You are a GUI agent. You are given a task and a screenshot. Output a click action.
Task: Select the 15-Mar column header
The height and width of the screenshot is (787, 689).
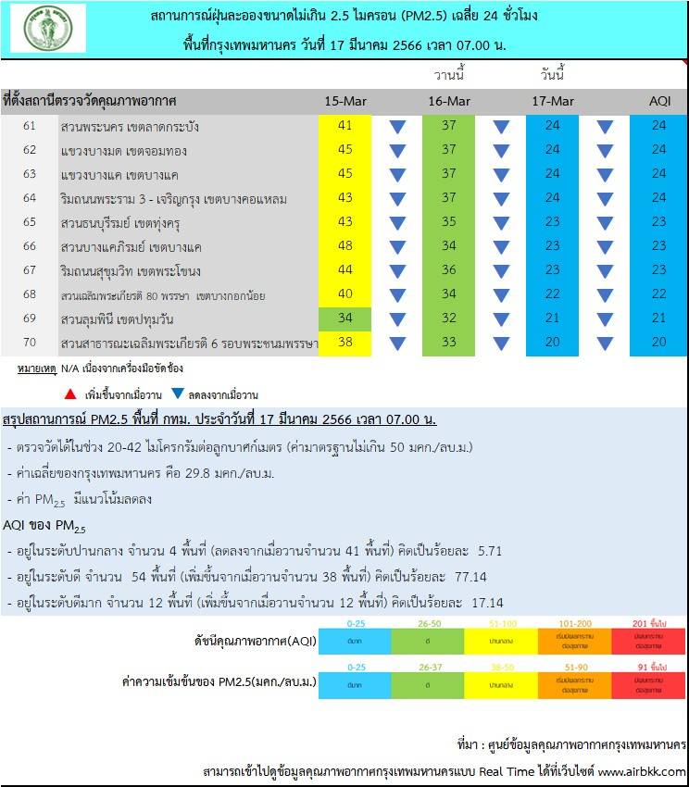point(345,100)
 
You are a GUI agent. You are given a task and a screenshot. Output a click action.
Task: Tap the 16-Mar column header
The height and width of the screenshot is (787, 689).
point(449,100)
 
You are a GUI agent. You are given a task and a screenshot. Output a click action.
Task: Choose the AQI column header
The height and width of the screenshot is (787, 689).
point(658,100)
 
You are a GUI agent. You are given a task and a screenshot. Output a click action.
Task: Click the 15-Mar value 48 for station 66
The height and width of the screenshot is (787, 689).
point(345,246)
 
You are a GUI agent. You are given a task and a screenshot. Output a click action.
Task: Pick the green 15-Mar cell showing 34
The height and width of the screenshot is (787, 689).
point(345,319)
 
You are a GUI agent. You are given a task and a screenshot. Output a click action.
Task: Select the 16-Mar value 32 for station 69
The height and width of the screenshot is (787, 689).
point(449,319)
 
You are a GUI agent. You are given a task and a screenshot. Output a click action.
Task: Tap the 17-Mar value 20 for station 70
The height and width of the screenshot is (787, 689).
point(553,343)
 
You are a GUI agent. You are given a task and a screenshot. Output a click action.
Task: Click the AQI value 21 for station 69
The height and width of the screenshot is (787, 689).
point(658,319)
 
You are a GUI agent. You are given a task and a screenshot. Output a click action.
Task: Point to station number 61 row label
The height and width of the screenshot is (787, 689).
point(30,126)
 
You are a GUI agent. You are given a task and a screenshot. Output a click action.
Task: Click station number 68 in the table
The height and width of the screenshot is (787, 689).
point(30,294)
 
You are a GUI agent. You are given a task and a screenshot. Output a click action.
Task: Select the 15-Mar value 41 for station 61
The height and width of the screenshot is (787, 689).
point(345,126)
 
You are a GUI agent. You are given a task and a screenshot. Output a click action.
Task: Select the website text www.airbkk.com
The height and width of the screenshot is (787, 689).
point(642,771)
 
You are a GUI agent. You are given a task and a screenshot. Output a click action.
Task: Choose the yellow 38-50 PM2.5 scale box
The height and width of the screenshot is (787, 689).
point(501,683)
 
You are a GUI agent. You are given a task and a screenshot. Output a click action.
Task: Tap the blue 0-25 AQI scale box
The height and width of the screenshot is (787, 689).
point(356,640)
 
